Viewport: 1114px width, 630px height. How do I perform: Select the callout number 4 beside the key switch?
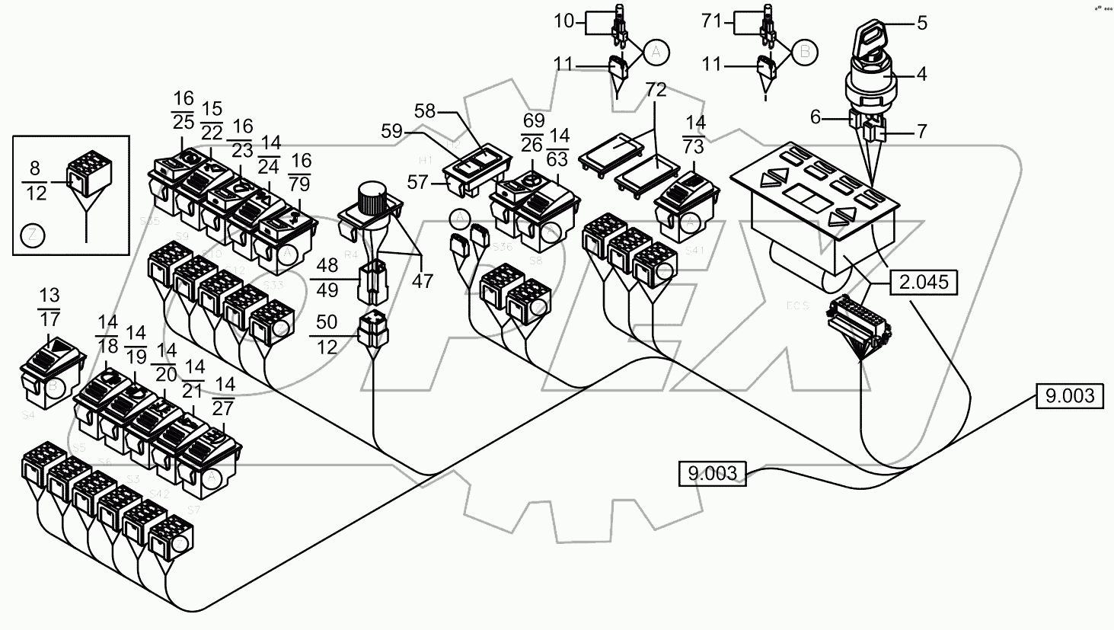click(x=921, y=75)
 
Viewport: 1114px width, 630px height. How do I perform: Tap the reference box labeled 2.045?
click(x=922, y=283)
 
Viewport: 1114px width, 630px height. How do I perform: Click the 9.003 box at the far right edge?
click(x=1069, y=396)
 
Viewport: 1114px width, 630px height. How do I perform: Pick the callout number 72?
click(x=656, y=91)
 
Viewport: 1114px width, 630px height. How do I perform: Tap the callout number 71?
click(x=711, y=21)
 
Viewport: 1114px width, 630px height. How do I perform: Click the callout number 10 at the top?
click(x=564, y=21)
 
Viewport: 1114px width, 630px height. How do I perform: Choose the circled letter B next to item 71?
click(x=804, y=51)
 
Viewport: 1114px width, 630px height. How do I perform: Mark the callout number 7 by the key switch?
click(x=921, y=131)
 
